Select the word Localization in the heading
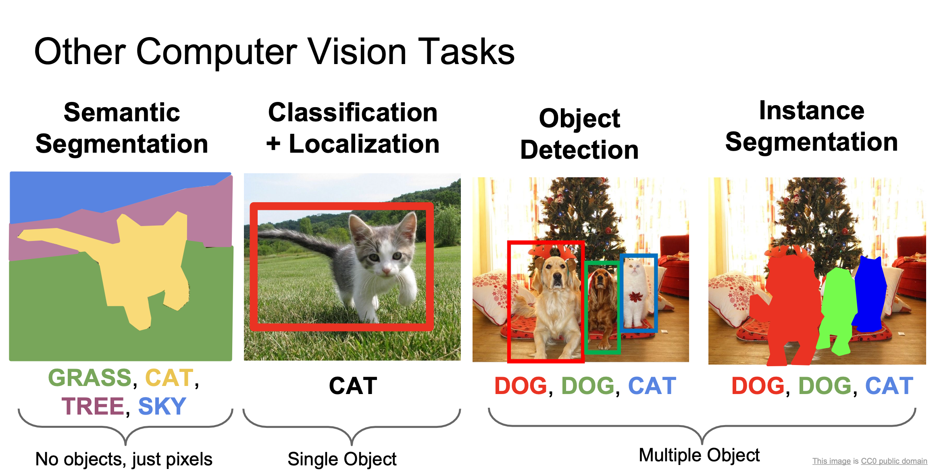[x=364, y=144]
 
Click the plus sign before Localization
[x=273, y=144]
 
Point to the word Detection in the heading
[x=579, y=150]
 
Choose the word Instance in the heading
[x=812, y=110]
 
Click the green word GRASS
[x=90, y=378]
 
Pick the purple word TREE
[x=93, y=406]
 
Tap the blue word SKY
[x=162, y=406]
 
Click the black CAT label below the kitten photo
[x=353, y=386]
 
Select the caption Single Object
[x=342, y=459]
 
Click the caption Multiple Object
[x=699, y=455]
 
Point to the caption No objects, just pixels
[x=124, y=459]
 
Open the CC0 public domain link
[x=893, y=461]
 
